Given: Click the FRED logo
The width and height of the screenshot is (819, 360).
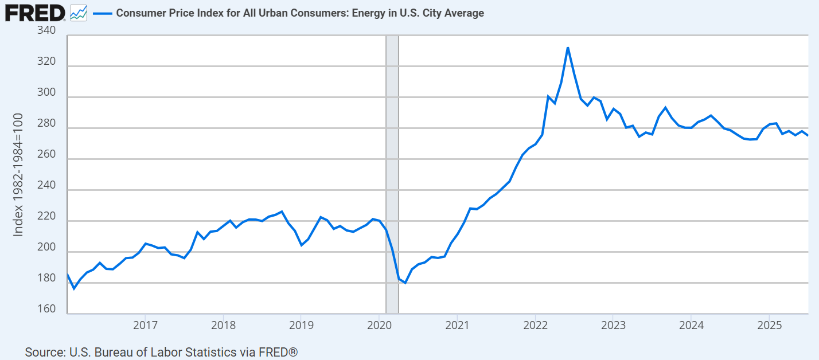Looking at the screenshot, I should (34, 13).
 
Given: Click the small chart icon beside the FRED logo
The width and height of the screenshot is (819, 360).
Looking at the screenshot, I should (78, 13).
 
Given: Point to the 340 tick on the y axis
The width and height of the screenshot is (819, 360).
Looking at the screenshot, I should (46, 30).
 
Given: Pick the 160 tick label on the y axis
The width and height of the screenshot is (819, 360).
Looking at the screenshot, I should (46, 310).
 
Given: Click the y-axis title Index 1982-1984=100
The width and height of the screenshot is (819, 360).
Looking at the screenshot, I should (18, 174).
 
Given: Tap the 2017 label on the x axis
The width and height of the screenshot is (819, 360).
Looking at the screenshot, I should (145, 326).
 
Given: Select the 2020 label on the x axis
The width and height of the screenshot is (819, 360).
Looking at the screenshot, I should (379, 326).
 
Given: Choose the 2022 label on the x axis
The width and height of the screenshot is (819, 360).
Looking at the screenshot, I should (535, 326).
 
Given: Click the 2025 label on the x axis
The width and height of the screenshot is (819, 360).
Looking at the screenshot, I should (768, 326).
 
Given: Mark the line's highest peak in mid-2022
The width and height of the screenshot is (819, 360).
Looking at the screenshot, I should (567, 48).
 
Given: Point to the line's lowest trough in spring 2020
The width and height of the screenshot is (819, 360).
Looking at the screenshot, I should (405, 283).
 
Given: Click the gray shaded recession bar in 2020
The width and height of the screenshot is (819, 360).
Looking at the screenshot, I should (392, 172).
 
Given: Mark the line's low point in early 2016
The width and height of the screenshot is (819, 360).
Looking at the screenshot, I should (74, 288).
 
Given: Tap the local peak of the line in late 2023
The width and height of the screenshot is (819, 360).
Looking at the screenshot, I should (665, 107).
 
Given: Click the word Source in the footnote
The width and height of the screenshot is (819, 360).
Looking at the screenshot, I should (44, 351).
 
